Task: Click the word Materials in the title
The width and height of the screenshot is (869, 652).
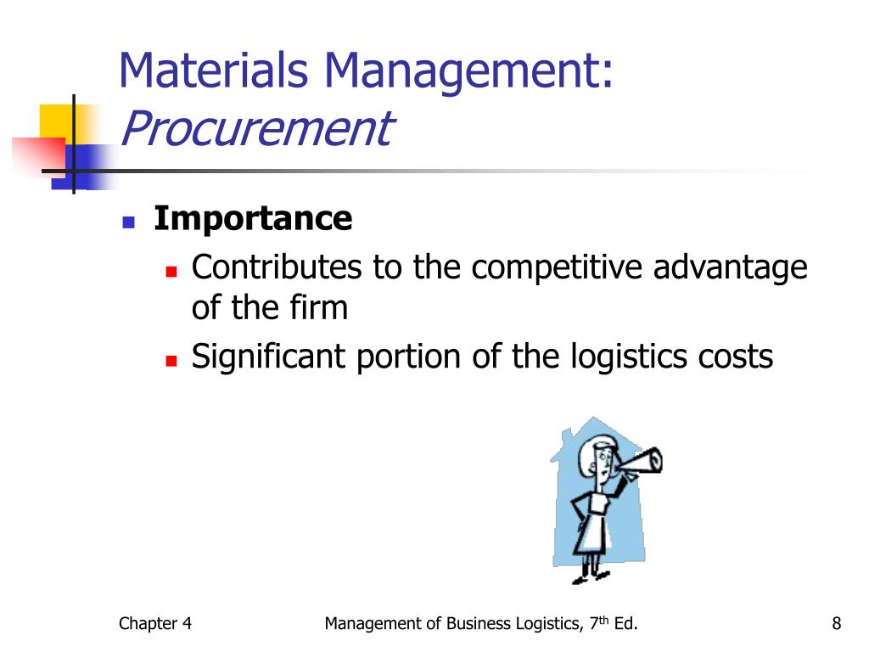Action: [214, 71]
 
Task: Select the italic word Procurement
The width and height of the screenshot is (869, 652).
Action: [255, 128]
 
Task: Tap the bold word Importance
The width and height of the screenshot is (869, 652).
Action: [252, 219]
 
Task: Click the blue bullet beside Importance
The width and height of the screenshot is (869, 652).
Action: [129, 222]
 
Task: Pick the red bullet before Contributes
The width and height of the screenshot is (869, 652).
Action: [170, 272]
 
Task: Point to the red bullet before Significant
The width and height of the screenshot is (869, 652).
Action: [170, 361]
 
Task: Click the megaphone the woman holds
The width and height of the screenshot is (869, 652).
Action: [642, 463]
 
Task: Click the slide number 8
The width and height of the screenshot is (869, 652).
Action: [837, 625]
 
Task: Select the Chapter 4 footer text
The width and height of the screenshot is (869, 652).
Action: [155, 625]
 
